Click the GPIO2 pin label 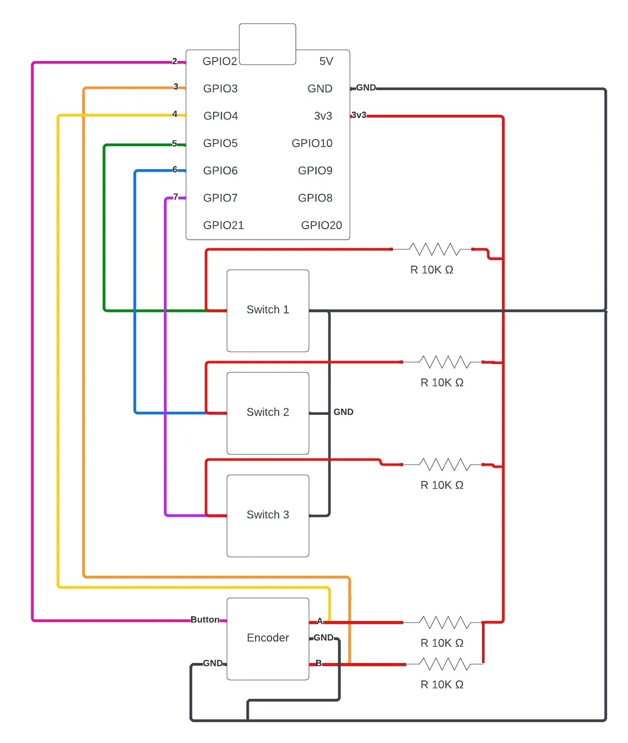[220, 62]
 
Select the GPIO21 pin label [223, 225]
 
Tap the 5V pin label [326, 62]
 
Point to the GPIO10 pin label [312, 143]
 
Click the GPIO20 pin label [321, 225]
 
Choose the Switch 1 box [268, 310]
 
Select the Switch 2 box [268, 413]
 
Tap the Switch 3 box [268, 515]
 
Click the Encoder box [268, 638]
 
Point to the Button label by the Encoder [205, 619]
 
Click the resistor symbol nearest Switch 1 [434, 250]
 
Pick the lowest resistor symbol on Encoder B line [444, 665]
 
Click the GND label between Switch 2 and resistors [343, 412]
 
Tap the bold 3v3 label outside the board [359, 115]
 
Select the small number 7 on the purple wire [176, 196]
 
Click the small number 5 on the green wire [175, 144]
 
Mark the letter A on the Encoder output [320, 621]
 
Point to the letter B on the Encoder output [319, 663]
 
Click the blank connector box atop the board [267, 44]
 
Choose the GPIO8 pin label [315, 198]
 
